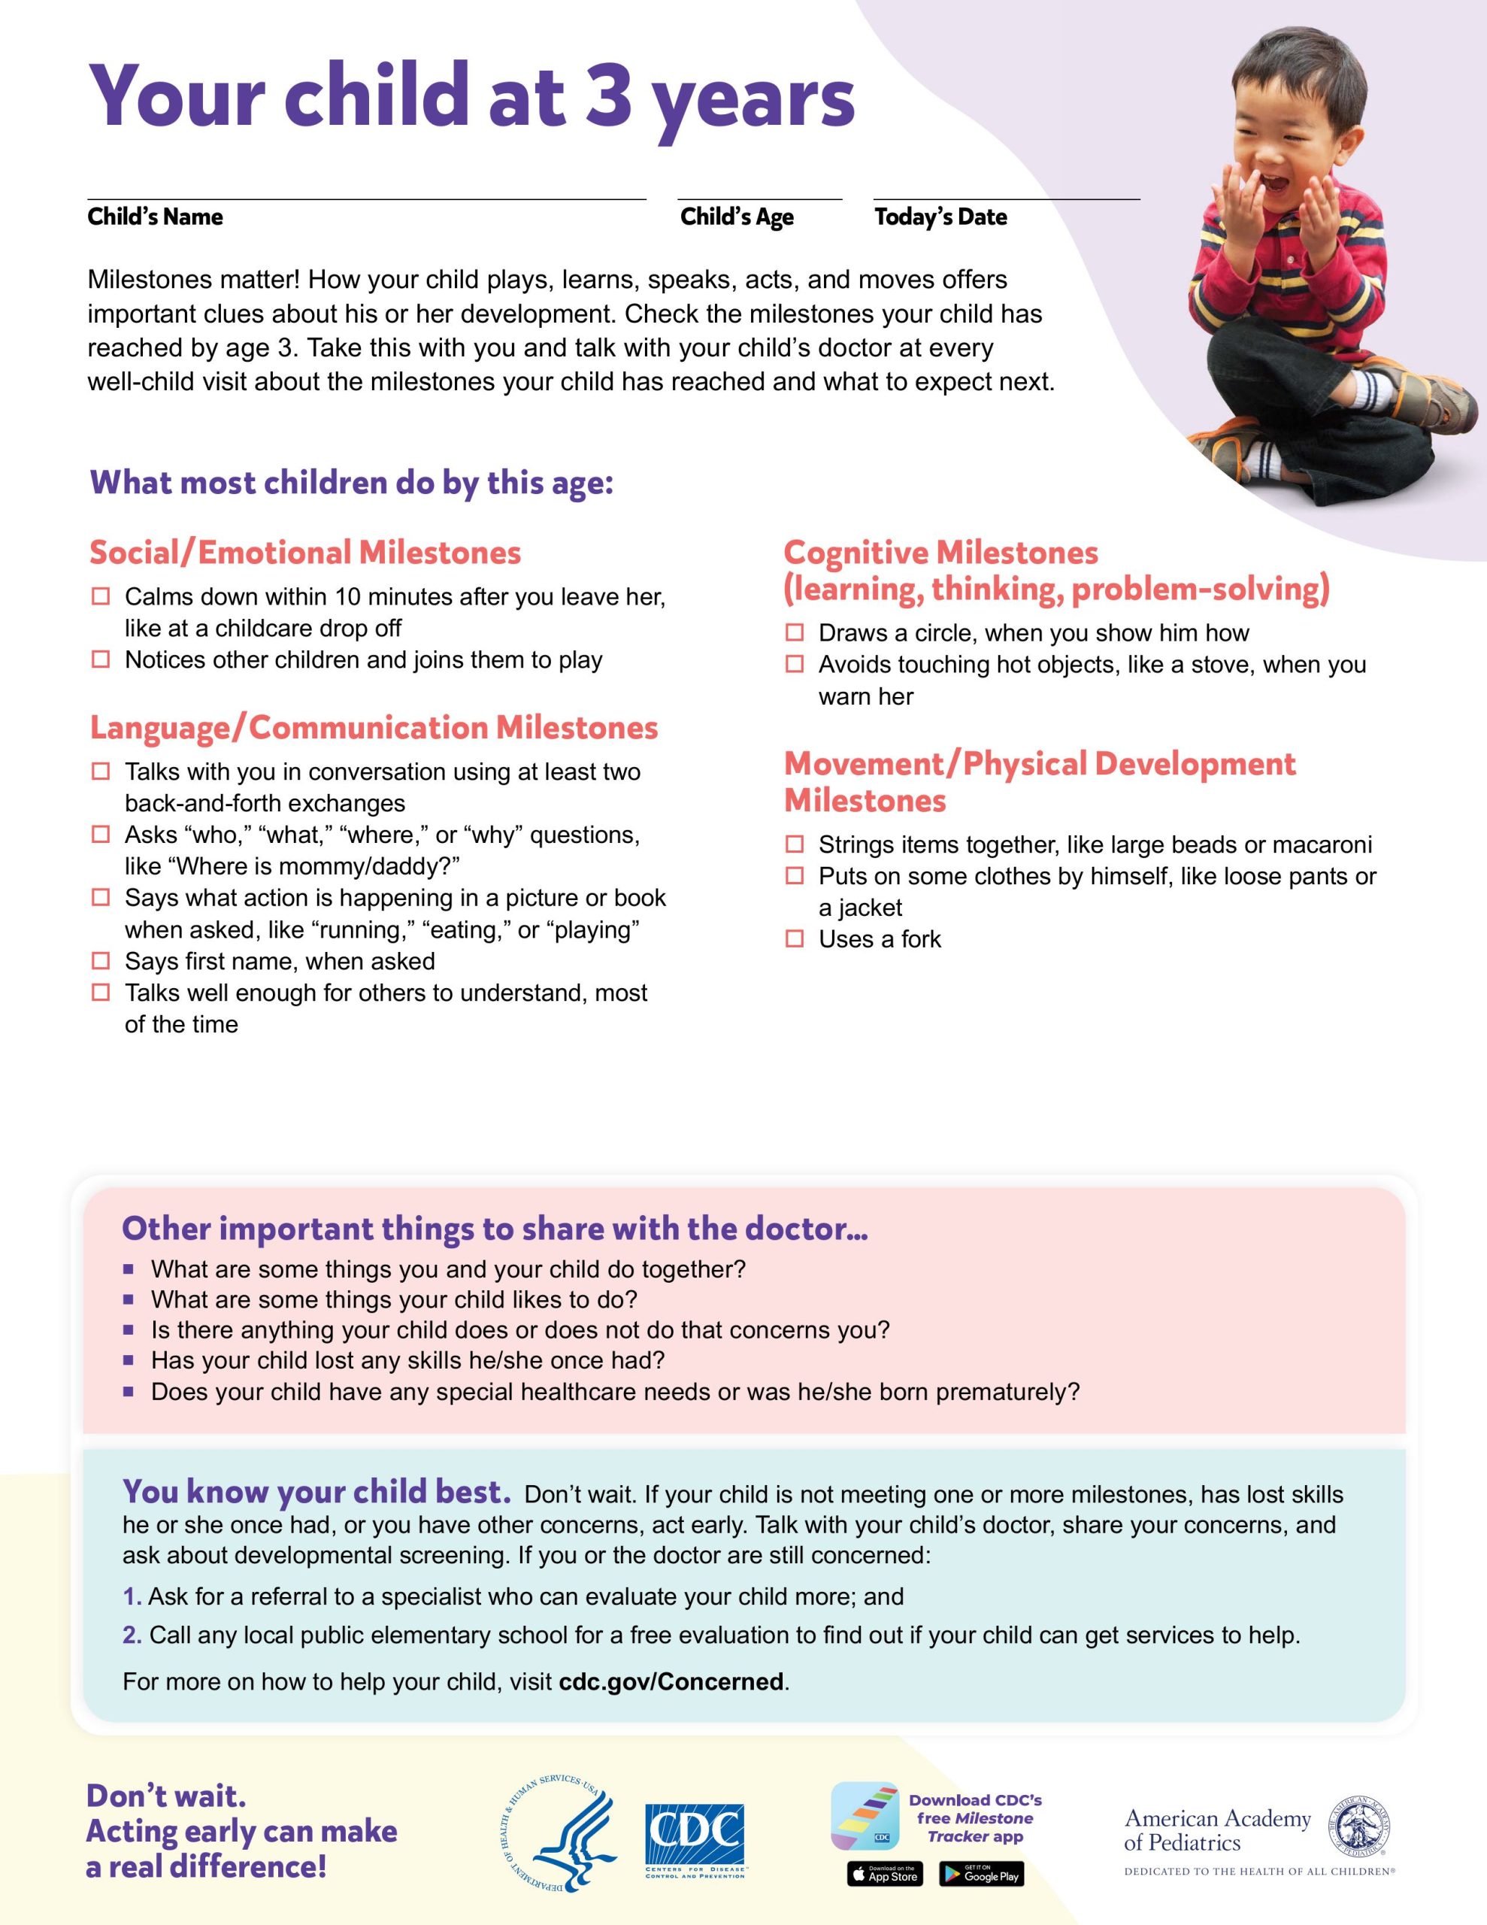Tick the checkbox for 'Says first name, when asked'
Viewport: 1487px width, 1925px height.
(x=101, y=961)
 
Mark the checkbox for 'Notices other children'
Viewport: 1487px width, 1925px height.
(x=101, y=659)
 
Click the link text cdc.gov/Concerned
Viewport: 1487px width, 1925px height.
(x=671, y=1681)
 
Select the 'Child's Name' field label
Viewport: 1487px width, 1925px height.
(x=155, y=217)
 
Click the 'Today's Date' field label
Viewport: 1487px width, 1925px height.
(x=940, y=217)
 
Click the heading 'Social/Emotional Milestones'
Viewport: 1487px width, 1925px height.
(x=305, y=553)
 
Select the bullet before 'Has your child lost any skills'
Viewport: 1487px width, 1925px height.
(x=129, y=1361)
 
